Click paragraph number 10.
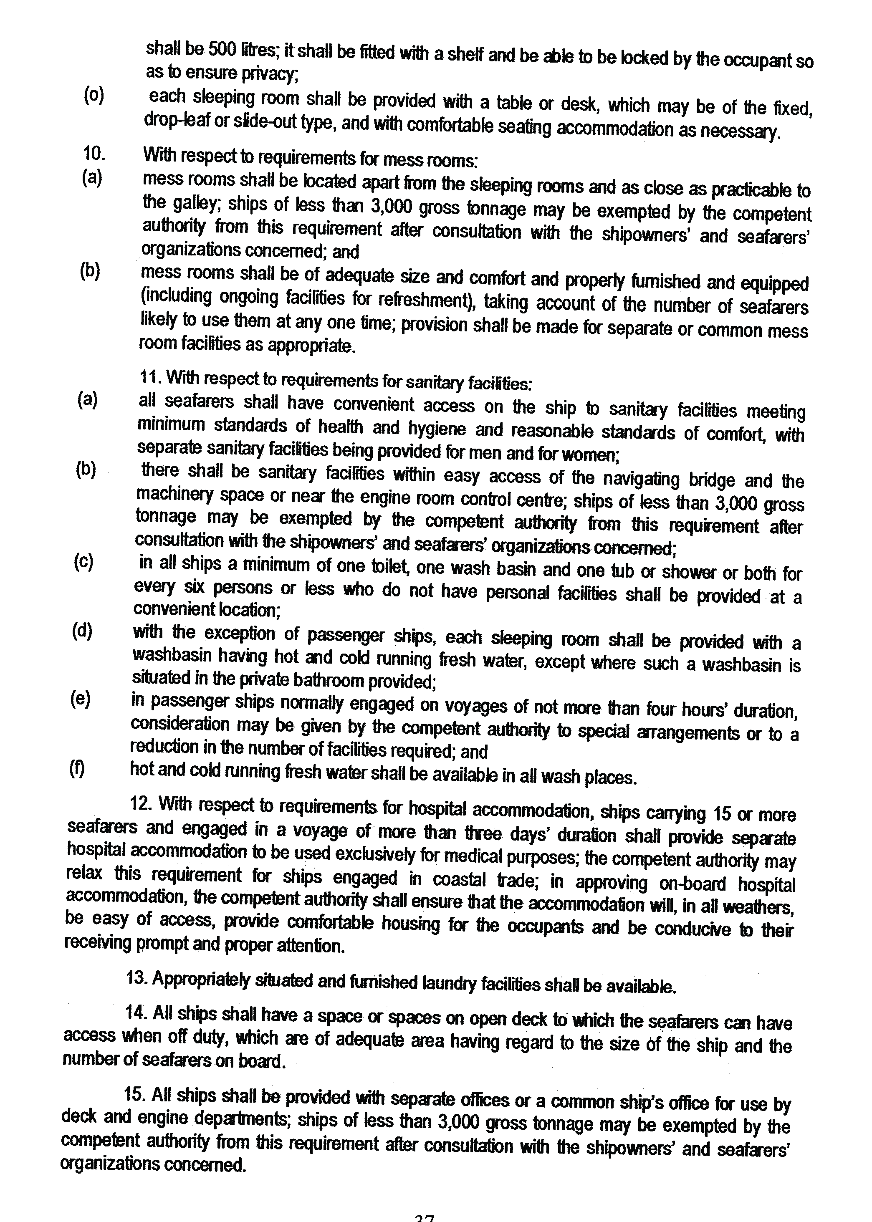click(94, 154)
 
